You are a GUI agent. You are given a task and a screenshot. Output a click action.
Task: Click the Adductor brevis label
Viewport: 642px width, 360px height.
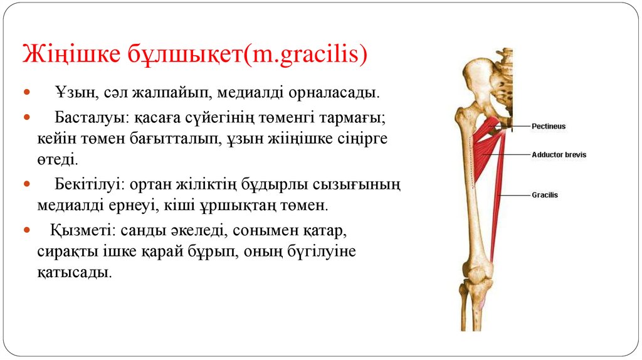click(559, 154)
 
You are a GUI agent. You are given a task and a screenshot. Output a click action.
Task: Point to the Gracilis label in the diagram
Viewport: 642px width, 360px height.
click(544, 195)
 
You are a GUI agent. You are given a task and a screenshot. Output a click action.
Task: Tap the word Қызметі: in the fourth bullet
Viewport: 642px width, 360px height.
click(76, 230)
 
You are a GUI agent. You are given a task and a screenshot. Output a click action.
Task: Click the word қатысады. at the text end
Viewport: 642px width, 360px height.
click(73, 273)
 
